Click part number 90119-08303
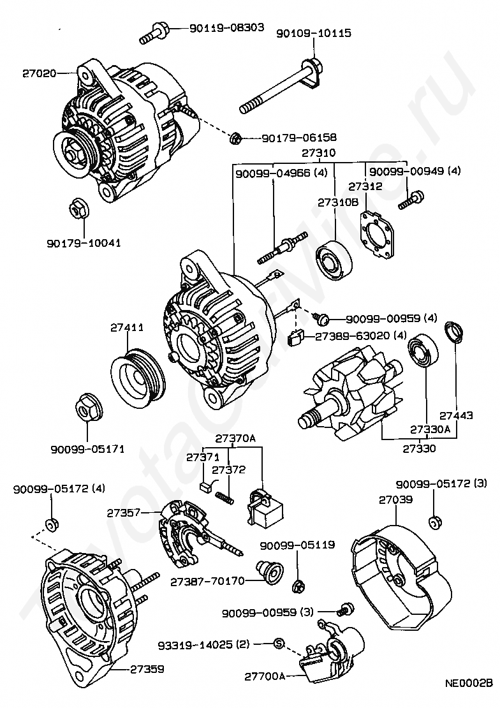(226, 27)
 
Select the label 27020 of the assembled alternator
(40, 73)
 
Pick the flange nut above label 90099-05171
(89, 409)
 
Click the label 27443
(456, 415)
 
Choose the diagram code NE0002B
(469, 696)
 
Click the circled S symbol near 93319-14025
(279, 644)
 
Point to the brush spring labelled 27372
(225, 498)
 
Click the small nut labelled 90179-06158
(235, 138)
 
